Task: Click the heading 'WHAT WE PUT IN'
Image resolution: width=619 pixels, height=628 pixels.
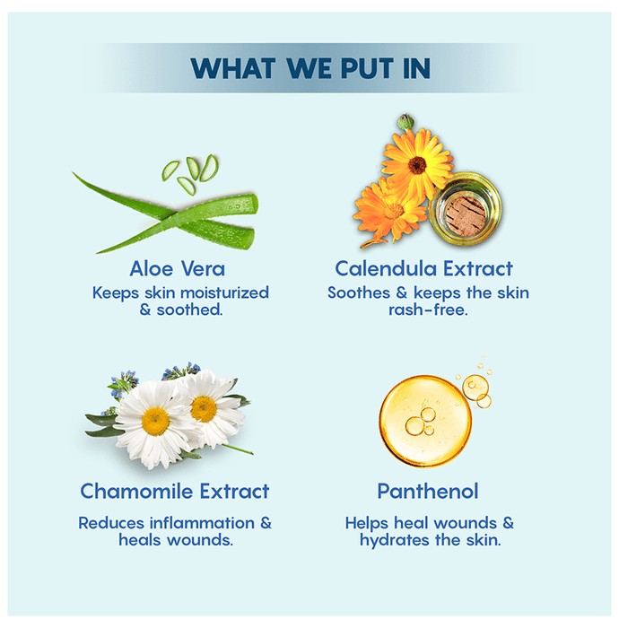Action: (310, 68)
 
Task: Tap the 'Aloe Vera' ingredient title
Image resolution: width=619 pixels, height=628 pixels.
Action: (177, 268)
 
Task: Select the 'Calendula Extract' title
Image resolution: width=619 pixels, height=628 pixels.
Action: (423, 268)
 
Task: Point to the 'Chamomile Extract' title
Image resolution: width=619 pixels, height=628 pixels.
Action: (175, 491)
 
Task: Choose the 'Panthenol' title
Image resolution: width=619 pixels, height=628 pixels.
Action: (428, 491)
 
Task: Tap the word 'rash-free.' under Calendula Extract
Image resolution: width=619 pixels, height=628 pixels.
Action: (428, 310)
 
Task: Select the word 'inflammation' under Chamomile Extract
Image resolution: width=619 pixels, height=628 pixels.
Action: (202, 523)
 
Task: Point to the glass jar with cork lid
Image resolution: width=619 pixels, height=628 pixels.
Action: (466, 208)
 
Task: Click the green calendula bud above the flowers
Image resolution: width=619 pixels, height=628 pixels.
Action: (405, 121)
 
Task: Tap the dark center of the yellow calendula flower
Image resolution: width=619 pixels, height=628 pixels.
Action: (417, 164)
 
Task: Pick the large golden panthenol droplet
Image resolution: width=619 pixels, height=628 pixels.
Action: (425, 421)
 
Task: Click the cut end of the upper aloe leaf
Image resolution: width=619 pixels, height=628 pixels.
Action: (251, 204)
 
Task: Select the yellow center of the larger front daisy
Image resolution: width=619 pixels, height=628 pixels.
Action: (155, 421)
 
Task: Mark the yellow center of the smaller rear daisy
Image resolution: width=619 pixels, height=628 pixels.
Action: (205, 408)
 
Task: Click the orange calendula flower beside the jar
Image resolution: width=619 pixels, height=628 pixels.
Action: (388, 210)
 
